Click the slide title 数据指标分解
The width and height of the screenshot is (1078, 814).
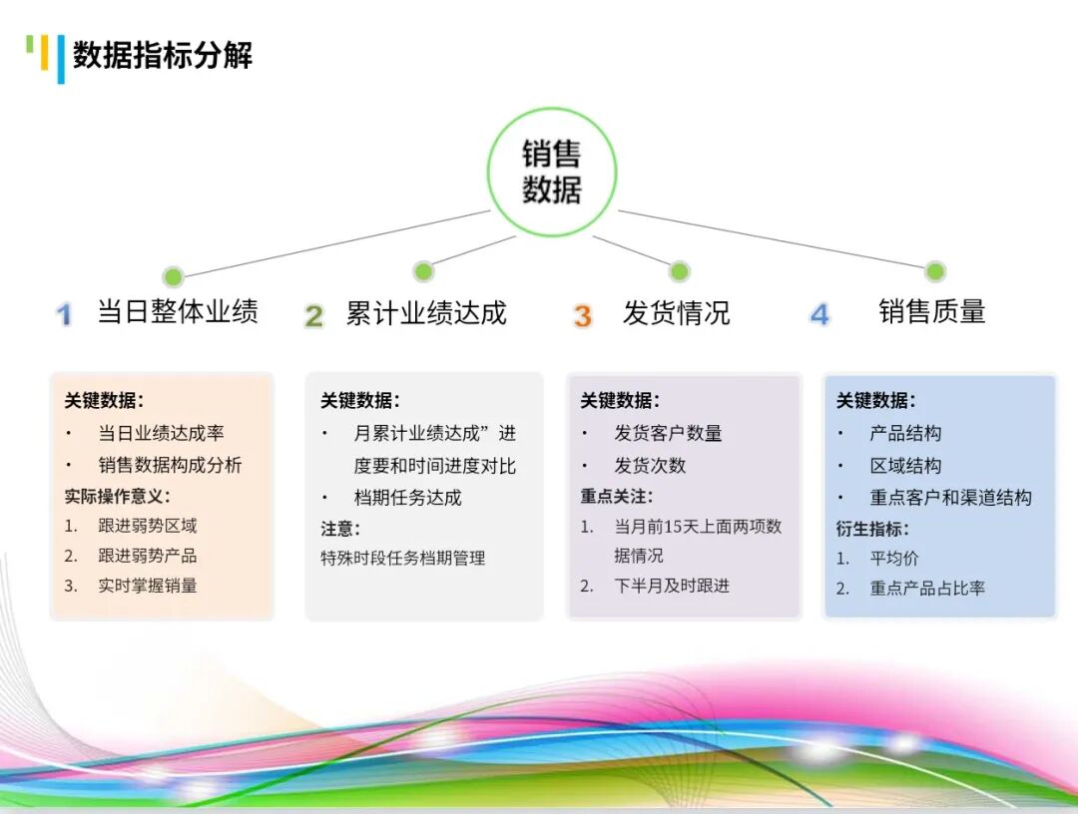pyautogui.click(x=163, y=55)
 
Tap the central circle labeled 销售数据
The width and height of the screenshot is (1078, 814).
pyautogui.click(x=551, y=172)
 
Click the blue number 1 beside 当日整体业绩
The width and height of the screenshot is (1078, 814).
pyautogui.click(x=64, y=315)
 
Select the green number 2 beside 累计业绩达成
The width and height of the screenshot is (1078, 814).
pyautogui.click(x=313, y=315)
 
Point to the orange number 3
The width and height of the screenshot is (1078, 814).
pyautogui.click(x=582, y=315)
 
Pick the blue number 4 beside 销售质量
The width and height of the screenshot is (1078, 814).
pyautogui.click(x=818, y=314)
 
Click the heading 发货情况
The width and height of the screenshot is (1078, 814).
pyautogui.click(x=676, y=312)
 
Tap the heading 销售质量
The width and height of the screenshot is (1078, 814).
pyautogui.click(x=931, y=311)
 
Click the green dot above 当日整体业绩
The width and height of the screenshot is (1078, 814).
pyautogui.click(x=173, y=277)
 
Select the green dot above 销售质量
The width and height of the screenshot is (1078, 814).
pyautogui.click(x=935, y=271)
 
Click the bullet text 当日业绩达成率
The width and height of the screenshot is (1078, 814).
pyautogui.click(x=161, y=433)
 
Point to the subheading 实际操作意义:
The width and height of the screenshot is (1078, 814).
pyautogui.click(x=118, y=496)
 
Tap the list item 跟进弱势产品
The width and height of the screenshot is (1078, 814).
pyautogui.click(x=148, y=556)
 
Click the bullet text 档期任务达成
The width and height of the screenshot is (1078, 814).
pyautogui.click(x=407, y=497)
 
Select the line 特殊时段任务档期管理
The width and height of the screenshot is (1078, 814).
pyautogui.click(x=402, y=558)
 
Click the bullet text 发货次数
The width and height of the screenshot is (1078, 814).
pyautogui.click(x=650, y=465)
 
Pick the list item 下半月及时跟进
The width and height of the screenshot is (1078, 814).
pyautogui.click(x=671, y=586)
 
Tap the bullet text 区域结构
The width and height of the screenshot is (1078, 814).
pyautogui.click(x=905, y=465)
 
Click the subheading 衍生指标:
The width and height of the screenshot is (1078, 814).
pyautogui.click(x=872, y=529)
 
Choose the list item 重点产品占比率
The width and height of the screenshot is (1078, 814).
pyautogui.click(x=927, y=589)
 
